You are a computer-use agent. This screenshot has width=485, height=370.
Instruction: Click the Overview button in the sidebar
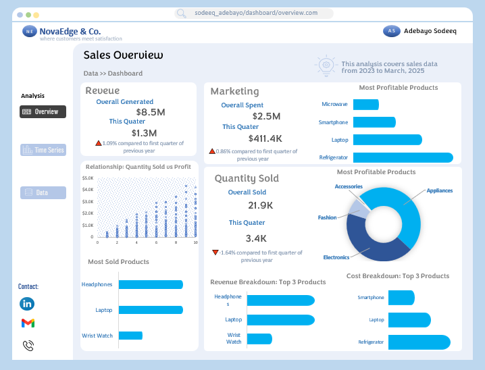pyautogui.click(x=43, y=112)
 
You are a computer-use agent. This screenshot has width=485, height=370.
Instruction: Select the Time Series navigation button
pyautogui.click(x=43, y=150)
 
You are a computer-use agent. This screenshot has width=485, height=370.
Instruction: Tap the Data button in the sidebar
pyautogui.click(x=43, y=192)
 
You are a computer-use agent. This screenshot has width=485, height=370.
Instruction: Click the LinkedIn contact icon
pyautogui.click(x=28, y=304)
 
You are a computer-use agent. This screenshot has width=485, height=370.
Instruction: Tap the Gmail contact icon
pyautogui.click(x=28, y=323)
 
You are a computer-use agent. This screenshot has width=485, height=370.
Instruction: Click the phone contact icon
pyautogui.click(x=28, y=346)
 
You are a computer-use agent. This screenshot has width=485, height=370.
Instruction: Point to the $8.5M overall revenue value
pyautogui.click(x=150, y=112)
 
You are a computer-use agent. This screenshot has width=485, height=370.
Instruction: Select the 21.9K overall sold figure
pyautogui.click(x=260, y=205)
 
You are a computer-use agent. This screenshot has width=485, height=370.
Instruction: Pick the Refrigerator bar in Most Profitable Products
pyautogui.click(x=403, y=157)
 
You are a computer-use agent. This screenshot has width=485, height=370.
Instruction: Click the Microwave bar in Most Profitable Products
pyautogui.click(x=365, y=105)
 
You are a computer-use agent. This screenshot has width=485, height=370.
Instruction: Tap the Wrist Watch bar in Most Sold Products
pyautogui.click(x=130, y=336)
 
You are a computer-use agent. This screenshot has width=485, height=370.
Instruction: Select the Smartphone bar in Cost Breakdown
pyautogui.click(x=401, y=298)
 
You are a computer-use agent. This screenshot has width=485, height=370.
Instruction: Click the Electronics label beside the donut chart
pyautogui.click(x=336, y=257)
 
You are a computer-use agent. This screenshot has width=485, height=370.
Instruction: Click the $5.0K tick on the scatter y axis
pyautogui.click(x=88, y=178)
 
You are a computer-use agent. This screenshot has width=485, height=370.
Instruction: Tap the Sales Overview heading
pyautogui.click(x=123, y=55)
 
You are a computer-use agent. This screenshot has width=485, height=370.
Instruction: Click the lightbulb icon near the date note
pyautogui.click(x=326, y=65)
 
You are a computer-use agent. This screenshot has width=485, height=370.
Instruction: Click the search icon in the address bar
pyautogui.click(x=181, y=14)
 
